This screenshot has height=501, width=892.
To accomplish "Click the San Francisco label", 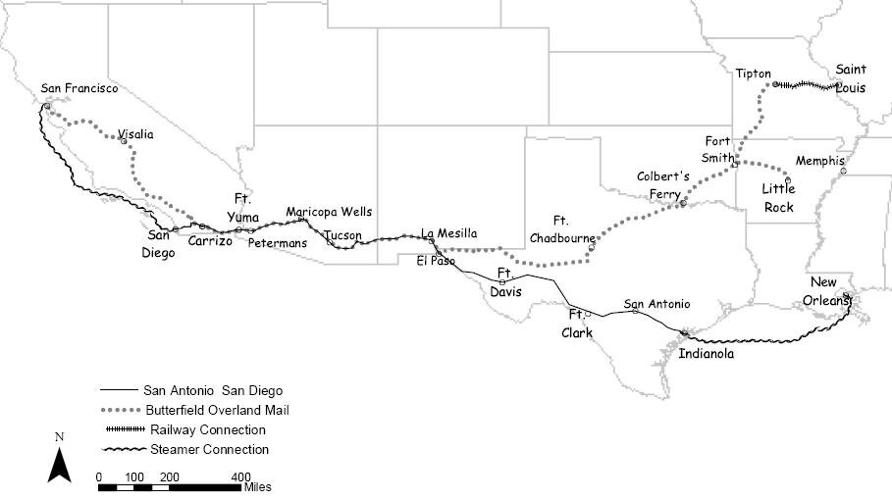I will coord(79,89).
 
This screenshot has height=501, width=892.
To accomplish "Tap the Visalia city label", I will coord(135,135).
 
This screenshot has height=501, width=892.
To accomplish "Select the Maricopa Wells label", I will coord(329,212).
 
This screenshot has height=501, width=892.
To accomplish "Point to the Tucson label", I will coord(342,235).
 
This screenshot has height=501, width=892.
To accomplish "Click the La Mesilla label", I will coord(449,233).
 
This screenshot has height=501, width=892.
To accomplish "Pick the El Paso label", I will coord(435,261).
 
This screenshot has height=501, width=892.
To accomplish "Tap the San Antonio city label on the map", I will coord(656,304).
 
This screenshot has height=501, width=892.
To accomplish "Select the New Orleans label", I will coord(830,268).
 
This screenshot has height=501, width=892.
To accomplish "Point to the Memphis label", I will coord(819,161).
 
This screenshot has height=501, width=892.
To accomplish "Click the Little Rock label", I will coord(779,198).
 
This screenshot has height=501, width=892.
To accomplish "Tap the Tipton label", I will coord(754,74).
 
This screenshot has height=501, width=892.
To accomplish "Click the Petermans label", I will coord(278,242).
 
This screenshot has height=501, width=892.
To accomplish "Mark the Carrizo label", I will coord(210,240).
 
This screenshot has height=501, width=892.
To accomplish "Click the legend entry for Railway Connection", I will coord(207,429).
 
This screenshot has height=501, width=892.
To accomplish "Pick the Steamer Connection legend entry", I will coord(209,450).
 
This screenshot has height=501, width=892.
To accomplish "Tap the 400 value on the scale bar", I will coord(240,476).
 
